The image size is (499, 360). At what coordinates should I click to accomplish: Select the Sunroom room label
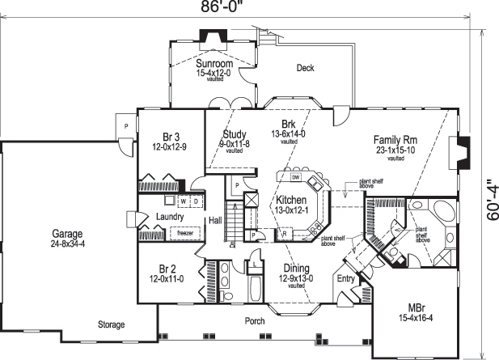click(x=214, y=64)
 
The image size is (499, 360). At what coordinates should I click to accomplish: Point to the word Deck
click(x=305, y=68)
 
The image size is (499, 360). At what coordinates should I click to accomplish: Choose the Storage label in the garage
click(x=111, y=324)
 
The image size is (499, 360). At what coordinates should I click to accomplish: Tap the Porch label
click(x=255, y=321)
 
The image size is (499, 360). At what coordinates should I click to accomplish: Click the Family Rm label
click(x=394, y=138)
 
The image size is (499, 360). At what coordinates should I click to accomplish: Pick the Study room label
click(x=235, y=134)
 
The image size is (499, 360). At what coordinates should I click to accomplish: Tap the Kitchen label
click(x=290, y=200)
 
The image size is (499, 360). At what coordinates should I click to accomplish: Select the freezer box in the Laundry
click(x=184, y=232)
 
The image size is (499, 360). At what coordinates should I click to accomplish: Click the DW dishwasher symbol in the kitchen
click(x=296, y=177)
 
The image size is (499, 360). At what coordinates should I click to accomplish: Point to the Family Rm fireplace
click(x=460, y=151)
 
